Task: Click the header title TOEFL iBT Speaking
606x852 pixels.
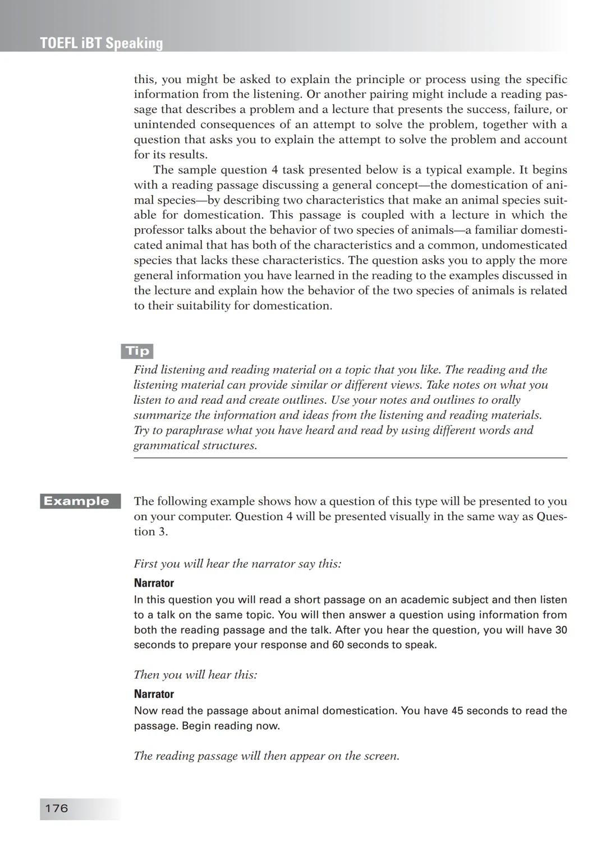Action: point(102,43)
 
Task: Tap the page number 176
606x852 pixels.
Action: point(56,808)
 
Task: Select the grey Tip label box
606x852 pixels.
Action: point(137,351)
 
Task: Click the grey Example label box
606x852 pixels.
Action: point(80,501)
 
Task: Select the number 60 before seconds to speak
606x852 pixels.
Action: point(338,644)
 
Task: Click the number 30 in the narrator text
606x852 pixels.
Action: point(561,630)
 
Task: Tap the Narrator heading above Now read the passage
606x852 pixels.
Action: point(154,694)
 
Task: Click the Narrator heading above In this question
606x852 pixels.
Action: point(154,583)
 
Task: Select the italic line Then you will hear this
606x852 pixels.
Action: point(195,675)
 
